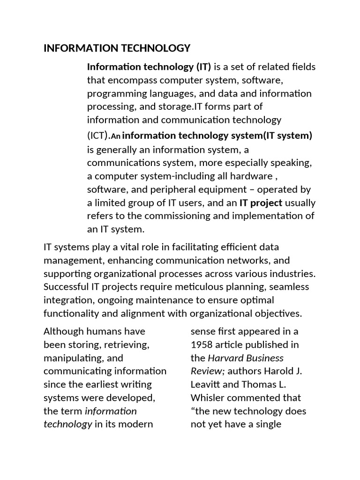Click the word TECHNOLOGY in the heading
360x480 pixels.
(x=157, y=48)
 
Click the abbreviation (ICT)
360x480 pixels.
(x=98, y=136)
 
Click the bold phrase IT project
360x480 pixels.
(x=261, y=202)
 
